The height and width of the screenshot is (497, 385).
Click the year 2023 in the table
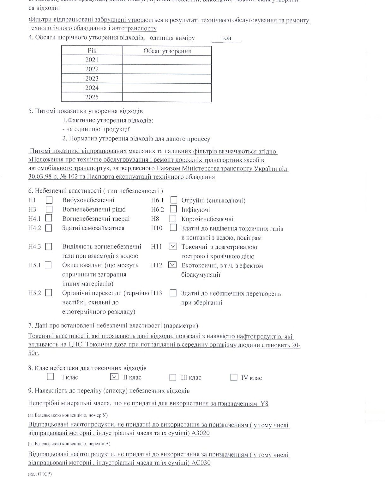click(x=92, y=78)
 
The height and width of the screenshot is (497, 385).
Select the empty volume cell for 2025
click(x=167, y=97)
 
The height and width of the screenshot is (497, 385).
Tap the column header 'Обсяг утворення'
click(x=167, y=51)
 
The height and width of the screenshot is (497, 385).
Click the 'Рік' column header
click(x=92, y=51)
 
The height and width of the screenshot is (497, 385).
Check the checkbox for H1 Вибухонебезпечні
click(x=49, y=200)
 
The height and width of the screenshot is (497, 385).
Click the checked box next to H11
click(x=173, y=246)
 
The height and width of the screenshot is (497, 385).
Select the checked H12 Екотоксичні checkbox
click(x=172, y=265)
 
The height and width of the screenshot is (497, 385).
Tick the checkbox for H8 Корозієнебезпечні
click(x=173, y=219)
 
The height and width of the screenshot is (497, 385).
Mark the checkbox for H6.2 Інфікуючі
click(x=173, y=209)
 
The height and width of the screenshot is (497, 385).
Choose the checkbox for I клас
click(x=50, y=377)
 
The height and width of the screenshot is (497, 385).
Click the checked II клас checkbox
click(x=114, y=377)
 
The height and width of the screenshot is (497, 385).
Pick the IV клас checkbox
click(x=234, y=377)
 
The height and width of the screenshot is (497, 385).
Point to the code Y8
click(x=264, y=404)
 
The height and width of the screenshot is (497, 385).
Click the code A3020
click(x=201, y=433)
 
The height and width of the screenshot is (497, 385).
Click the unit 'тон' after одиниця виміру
click(x=226, y=38)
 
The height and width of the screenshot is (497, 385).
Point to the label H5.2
click(x=34, y=293)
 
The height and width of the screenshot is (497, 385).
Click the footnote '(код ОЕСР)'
click(x=39, y=474)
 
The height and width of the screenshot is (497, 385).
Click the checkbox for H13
click(x=173, y=293)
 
